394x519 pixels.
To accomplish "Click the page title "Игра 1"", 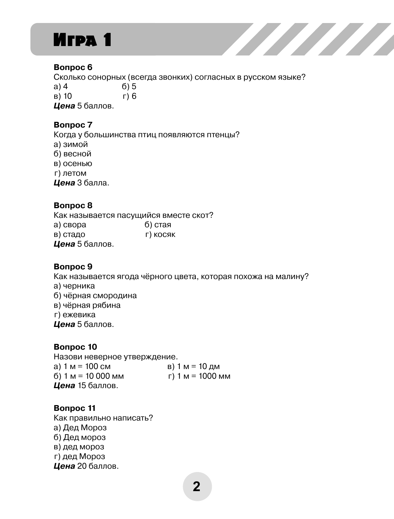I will pyautogui.click(x=82, y=40).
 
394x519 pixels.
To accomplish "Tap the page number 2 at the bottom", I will pyautogui.click(x=197, y=487).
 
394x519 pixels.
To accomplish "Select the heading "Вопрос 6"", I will pyautogui.click(x=73, y=67).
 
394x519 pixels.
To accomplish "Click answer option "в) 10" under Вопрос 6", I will pyautogui.click(x=63, y=96).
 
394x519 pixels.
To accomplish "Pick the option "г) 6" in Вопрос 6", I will pyautogui.click(x=130, y=96).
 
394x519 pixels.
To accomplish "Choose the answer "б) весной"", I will pyautogui.click(x=72, y=154).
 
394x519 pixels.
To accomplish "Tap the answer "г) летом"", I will pyautogui.click(x=70, y=173).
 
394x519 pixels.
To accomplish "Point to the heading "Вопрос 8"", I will pyautogui.click(x=73, y=205).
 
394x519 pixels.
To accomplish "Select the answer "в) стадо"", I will pyautogui.click(x=69, y=235).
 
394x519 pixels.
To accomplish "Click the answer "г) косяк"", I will pyautogui.click(x=160, y=235).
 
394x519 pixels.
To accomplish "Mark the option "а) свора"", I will pyautogui.click(x=70, y=225).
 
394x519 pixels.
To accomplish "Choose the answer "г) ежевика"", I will pyautogui.click(x=75, y=315).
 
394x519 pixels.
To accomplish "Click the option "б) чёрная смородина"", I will pyautogui.click(x=95, y=296).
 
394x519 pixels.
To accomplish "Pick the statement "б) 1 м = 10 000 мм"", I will pyautogui.click(x=89, y=376).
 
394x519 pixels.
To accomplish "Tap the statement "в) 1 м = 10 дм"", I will pyautogui.click(x=194, y=367).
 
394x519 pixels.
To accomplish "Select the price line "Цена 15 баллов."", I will pyautogui.click(x=86, y=386).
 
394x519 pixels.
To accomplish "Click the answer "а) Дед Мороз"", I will pyautogui.click(x=80, y=428).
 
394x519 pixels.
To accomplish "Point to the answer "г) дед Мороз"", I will pyautogui.click(x=79, y=457).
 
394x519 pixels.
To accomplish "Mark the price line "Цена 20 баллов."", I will pyautogui.click(x=86, y=466).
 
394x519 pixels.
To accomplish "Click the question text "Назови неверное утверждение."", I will pyautogui.click(x=116, y=357).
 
